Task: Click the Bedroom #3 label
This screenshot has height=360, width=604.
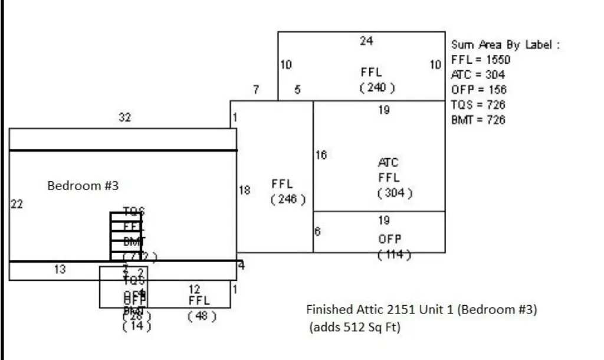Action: [x=83, y=186]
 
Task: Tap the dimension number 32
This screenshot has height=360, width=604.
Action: [x=124, y=117]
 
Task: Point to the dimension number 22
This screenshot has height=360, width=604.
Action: [x=17, y=204]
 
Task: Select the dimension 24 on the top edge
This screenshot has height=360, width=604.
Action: [x=366, y=41]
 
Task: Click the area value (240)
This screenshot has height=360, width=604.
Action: [x=376, y=87]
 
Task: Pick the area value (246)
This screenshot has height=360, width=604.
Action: [x=288, y=199]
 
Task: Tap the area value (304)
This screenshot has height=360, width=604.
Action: [x=395, y=193]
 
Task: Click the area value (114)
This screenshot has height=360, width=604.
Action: [x=393, y=254]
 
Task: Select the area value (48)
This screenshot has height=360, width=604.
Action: [x=202, y=316]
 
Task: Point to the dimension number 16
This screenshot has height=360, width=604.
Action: [x=321, y=155]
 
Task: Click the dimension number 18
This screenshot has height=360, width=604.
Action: [x=244, y=191]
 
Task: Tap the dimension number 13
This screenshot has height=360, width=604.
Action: [x=60, y=270]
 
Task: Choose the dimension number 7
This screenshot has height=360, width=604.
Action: [x=256, y=90]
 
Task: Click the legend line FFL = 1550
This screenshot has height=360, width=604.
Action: [x=480, y=60]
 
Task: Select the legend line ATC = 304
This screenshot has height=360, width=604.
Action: [x=478, y=75]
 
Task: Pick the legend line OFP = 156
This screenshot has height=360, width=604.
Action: [x=478, y=90]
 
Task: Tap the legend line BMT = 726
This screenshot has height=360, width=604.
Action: [x=478, y=120]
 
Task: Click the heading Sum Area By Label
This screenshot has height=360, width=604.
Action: [x=505, y=45]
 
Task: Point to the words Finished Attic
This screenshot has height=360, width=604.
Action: [x=339, y=310]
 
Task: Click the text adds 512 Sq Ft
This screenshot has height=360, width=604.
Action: [x=354, y=328]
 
